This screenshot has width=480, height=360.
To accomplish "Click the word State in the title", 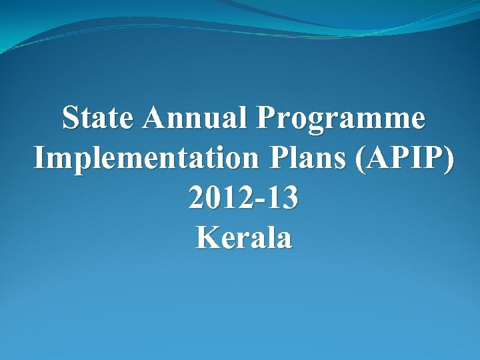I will [98, 119].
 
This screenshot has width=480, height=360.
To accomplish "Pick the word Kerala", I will [243, 237].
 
